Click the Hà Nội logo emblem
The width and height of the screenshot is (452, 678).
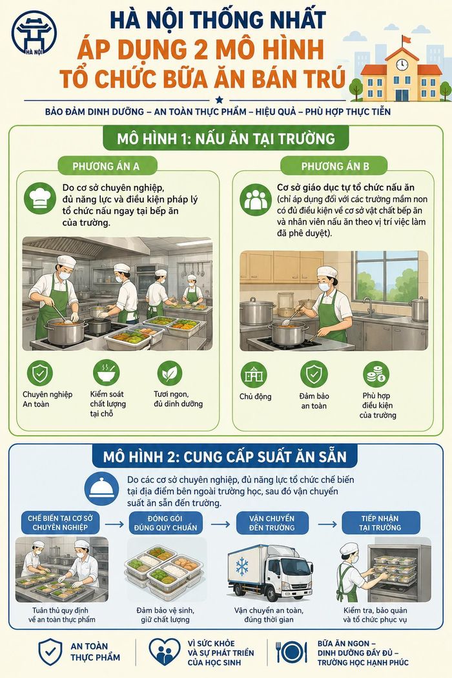[34, 33]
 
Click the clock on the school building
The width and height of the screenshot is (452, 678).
[402, 65]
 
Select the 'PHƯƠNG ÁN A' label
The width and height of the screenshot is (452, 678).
[106, 167]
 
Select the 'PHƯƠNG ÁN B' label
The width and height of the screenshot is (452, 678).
[335, 167]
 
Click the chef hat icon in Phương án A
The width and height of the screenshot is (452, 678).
[40, 198]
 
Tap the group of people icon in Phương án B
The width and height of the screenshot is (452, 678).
[256, 200]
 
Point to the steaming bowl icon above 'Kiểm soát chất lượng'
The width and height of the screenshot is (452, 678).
[106, 373]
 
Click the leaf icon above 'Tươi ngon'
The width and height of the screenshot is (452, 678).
[170, 373]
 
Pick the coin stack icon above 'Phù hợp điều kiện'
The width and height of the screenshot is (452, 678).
[376, 375]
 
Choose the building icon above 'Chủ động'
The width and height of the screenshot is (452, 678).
[254, 375]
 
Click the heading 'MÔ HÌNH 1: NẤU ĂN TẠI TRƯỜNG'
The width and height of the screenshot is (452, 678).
[226, 138]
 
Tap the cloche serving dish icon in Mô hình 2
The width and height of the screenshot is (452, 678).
[101, 488]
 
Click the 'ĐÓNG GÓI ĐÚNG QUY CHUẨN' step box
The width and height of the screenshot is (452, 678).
[166, 523]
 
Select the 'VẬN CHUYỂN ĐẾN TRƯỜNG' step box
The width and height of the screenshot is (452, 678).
[272, 523]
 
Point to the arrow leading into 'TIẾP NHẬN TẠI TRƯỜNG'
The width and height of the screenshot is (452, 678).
[327, 524]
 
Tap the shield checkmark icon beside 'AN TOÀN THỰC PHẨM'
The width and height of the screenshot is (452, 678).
[50, 652]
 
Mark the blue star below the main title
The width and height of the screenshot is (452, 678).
[220, 100]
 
